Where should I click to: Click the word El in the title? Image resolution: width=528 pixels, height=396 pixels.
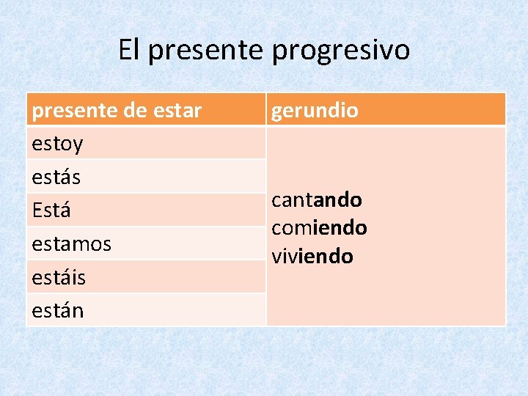[x=128, y=50]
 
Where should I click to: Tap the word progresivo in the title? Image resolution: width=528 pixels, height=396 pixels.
[x=341, y=50]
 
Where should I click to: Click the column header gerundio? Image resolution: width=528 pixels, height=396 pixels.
[x=315, y=110]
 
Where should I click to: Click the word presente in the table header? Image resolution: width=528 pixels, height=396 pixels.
[x=75, y=110]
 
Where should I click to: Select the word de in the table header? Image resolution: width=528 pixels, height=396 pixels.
[x=135, y=110]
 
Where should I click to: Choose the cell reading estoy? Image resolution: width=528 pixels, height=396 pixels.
[x=57, y=144]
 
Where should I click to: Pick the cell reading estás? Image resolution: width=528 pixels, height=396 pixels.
[x=56, y=177]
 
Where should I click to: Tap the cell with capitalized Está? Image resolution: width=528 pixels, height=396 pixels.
[x=51, y=210]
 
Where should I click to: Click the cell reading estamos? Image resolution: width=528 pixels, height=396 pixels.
[x=71, y=243]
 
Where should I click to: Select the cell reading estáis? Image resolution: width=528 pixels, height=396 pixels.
[x=59, y=277]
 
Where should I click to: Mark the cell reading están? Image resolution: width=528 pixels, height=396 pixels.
[x=58, y=310]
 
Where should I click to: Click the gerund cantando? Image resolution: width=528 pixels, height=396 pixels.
[x=316, y=199]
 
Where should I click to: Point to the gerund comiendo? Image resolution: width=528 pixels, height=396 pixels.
[x=319, y=227]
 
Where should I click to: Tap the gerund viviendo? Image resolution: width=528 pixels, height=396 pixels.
[x=312, y=256]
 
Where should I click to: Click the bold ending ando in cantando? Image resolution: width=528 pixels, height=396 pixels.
[x=340, y=199]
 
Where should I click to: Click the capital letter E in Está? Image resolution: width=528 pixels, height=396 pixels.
[x=37, y=210]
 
